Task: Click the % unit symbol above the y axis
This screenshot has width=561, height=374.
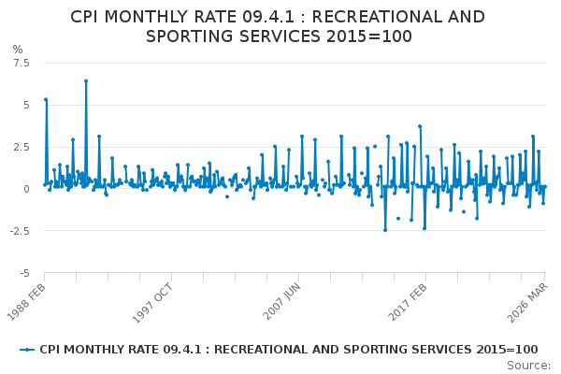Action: pos(18,49)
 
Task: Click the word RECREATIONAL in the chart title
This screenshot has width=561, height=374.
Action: pos(374,17)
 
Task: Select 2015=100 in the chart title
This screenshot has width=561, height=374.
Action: pos(367,36)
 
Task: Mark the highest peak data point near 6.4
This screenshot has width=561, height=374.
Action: pos(86,81)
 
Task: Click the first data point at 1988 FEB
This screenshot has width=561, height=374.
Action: pos(45,99)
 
